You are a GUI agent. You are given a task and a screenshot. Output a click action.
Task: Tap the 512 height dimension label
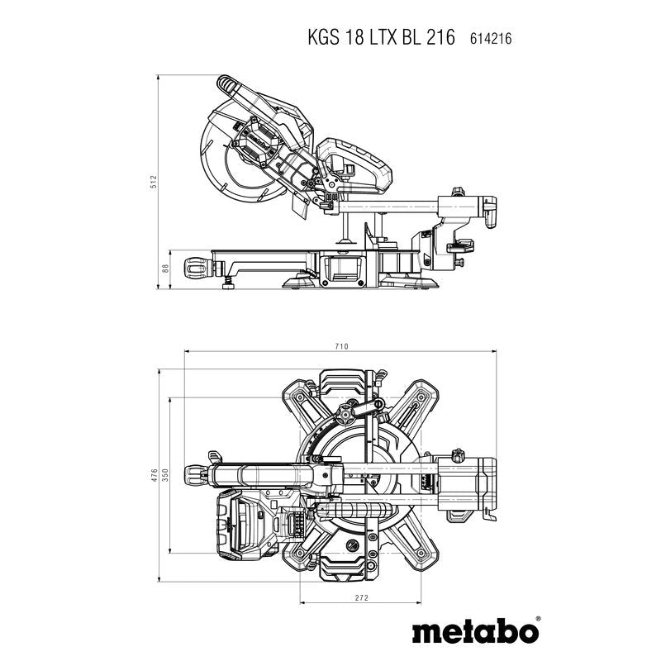pyautogui.click(x=154, y=181)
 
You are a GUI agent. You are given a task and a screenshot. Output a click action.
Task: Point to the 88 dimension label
pyautogui.click(x=165, y=269)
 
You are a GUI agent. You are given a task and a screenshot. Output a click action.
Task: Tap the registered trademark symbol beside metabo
pyautogui.click(x=539, y=618)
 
